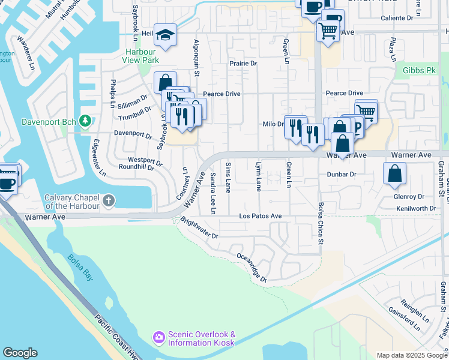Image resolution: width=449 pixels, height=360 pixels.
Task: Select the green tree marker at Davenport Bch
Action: pyautogui.click(x=85, y=122)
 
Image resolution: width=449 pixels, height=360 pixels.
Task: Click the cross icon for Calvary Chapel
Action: pyautogui.click(x=109, y=201)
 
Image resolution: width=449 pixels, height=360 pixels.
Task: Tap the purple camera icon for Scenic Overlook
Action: pyautogui.click(x=158, y=338)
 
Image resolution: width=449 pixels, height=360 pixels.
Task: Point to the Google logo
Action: pyautogui.click(x=20, y=353)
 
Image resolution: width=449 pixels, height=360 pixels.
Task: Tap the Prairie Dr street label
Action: pyautogui.click(x=243, y=63)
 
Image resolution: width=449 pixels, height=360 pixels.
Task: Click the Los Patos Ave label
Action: pyautogui.click(x=260, y=216)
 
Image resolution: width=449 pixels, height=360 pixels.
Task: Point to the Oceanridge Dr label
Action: pyautogui.click(x=250, y=267)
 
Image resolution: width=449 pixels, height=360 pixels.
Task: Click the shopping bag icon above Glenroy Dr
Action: pyautogui.click(x=394, y=174)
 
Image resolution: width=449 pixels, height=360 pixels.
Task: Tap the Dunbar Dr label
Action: pyautogui.click(x=342, y=174)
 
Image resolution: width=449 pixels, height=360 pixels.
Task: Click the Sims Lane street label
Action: pyautogui.click(x=228, y=177)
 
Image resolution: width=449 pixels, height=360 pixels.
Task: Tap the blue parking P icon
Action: pyautogui.click(x=356, y=127)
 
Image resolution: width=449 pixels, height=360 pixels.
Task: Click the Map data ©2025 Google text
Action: pyautogui.click(x=411, y=355)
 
